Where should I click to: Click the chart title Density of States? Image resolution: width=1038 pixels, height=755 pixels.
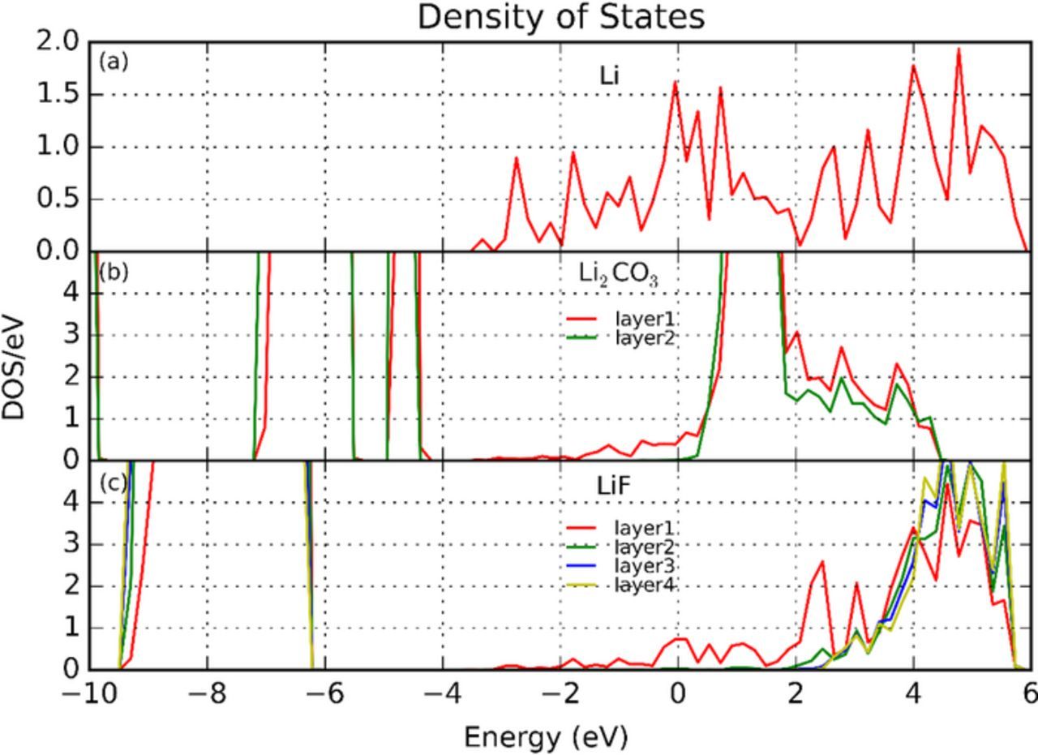click(x=561, y=17)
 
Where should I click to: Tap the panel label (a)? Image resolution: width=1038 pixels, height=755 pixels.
click(x=114, y=62)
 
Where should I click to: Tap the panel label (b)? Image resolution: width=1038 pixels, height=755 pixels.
click(x=114, y=272)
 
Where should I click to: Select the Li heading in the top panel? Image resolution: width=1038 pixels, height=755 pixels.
click(x=610, y=76)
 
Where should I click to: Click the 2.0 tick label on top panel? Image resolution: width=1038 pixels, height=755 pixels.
click(x=60, y=41)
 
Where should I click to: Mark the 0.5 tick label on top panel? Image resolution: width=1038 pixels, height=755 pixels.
click(x=60, y=199)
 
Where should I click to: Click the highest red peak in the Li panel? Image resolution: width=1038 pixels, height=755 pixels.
click(x=959, y=49)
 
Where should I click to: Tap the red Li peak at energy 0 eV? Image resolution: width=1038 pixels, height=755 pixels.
click(x=675, y=82)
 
